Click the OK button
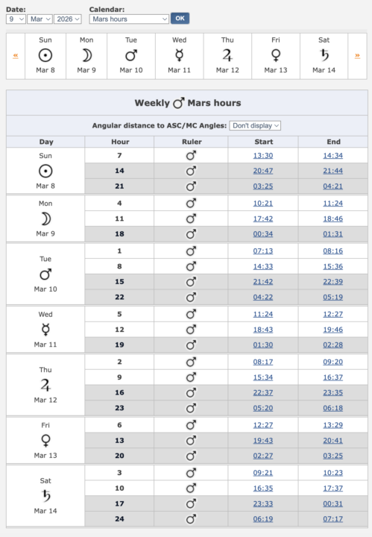pos(180,19)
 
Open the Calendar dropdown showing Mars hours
pos(129,19)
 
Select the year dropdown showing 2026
pos(68,19)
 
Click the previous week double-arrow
pos(16,56)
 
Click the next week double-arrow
pos(357,56)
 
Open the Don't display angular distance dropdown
pos(255,126)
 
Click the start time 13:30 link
pos(263,155)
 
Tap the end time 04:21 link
pos(332,186)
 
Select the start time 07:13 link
pos(263,251)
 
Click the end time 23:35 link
pos(332,393)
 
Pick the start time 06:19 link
pos(263,519)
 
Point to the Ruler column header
pos(192,142)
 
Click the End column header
pos(332,142)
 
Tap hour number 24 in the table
pos(119,519)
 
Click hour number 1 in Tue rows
pos(119,251)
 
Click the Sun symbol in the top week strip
pos(45,55)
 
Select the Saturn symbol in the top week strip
pos(324,55)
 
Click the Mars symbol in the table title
pos(178,103)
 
